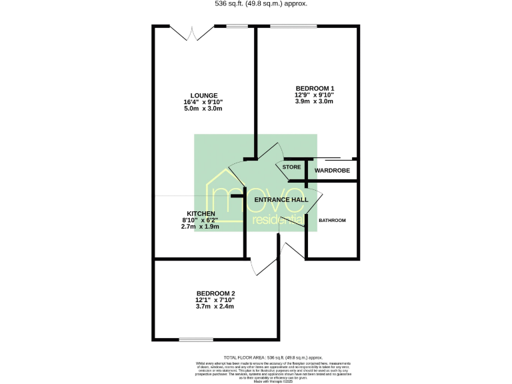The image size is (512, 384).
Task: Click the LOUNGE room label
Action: click(203, 95)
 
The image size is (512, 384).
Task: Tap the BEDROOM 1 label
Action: click(314, 89)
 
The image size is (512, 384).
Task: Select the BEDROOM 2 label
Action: click(215, 293)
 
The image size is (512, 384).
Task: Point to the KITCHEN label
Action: click(201, 213)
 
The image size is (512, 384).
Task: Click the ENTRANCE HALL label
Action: click(285, 199)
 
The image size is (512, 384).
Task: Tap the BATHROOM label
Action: click(332, 220)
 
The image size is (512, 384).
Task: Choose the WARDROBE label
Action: click(332, 170)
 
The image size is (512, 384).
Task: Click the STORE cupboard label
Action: click(291, 167)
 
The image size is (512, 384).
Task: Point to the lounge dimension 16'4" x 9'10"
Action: click(203, 102)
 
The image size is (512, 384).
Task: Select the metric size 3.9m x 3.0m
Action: click(314, 101)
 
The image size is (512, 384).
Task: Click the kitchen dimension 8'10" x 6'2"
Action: click(201, 220)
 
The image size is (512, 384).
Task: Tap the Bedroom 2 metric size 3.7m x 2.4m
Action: click(215, 306)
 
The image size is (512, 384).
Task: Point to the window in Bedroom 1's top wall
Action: click(294, 26)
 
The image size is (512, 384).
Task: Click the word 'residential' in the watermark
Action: click(278, 219)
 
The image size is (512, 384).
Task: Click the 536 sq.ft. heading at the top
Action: click(256, 3)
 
